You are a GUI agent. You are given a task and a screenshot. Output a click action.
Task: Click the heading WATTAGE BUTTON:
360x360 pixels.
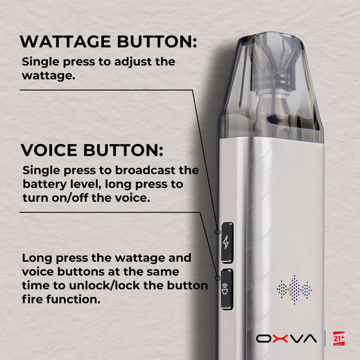click(109, 41)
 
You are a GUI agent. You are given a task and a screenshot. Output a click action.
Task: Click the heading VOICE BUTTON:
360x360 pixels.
click(92, 150)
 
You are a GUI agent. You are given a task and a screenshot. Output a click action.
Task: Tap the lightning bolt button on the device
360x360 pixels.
click(227, 242)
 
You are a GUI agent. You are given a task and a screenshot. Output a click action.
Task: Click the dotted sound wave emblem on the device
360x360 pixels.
click(294, 290)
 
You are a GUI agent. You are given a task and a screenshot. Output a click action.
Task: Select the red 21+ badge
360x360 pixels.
click(339, 338)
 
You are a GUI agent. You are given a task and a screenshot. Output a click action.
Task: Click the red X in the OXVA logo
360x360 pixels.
click(280, 338)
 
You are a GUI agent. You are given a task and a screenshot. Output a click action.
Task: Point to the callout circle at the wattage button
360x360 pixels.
click(218, 232)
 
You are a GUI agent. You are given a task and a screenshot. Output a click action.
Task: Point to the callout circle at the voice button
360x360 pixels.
click(218, 278)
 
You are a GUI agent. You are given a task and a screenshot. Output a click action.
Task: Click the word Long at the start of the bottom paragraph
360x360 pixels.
click(37, 258)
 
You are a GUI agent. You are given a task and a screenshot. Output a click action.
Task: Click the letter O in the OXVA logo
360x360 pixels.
click(264, 338)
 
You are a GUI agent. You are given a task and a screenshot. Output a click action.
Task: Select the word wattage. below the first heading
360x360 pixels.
click(49, 76)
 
